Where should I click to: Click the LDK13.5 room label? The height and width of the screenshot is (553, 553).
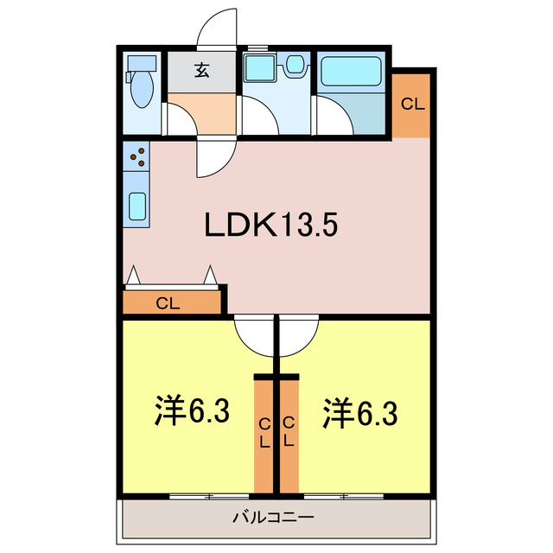point(270,226)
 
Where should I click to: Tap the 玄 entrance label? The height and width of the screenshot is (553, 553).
point(201,71)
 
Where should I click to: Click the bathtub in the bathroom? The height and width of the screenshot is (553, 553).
point(353,73)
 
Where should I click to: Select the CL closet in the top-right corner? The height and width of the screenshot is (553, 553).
point(412,104)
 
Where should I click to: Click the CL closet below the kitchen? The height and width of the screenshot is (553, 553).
point(168,303)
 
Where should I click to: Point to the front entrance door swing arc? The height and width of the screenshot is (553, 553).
point(216,28)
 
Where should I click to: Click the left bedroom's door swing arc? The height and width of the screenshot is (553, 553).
point(253,337)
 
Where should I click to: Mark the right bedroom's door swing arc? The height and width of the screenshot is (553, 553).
point(298,337)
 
